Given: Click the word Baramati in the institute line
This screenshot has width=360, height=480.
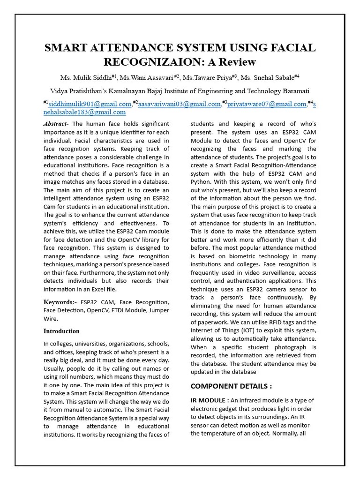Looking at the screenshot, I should [x=294, y=90].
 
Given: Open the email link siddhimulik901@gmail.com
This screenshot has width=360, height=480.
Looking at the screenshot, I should [x=90, y=104].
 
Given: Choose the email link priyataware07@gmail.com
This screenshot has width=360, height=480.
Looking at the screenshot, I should [x=266, y=104].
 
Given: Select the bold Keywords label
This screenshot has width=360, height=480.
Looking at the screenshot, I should [x=60, y=302].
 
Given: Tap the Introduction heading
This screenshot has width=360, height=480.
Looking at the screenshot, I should [x=61, y=331].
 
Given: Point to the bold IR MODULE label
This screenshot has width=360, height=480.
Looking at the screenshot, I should [x=210, y=400].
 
